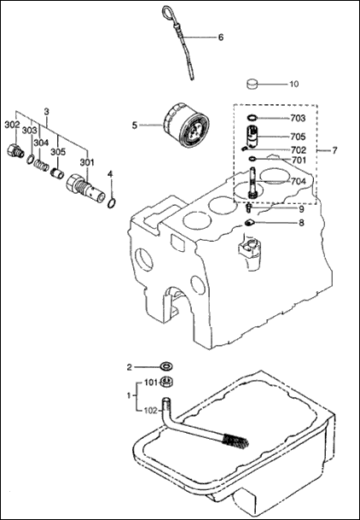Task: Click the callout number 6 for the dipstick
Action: pyautogui.click(x=220, y=38)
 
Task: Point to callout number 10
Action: pyautogui.click(x=293, y=84)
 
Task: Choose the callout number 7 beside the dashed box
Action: pyautogui.click(x=334, y=150)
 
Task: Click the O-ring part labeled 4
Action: pyautogui.click(x=112, y=202)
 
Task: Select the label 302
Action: pyautogui.click(x=11, y=125)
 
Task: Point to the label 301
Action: pyautogui.click(x=87, y=162)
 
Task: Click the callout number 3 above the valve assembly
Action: pyautogui.click(x=46, y=111)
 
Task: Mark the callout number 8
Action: pyautogui.click(x=300, y=223)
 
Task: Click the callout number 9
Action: pyautogui.click(x=300, y=208)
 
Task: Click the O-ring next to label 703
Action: pyautogui.click(x=253, y=119)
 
